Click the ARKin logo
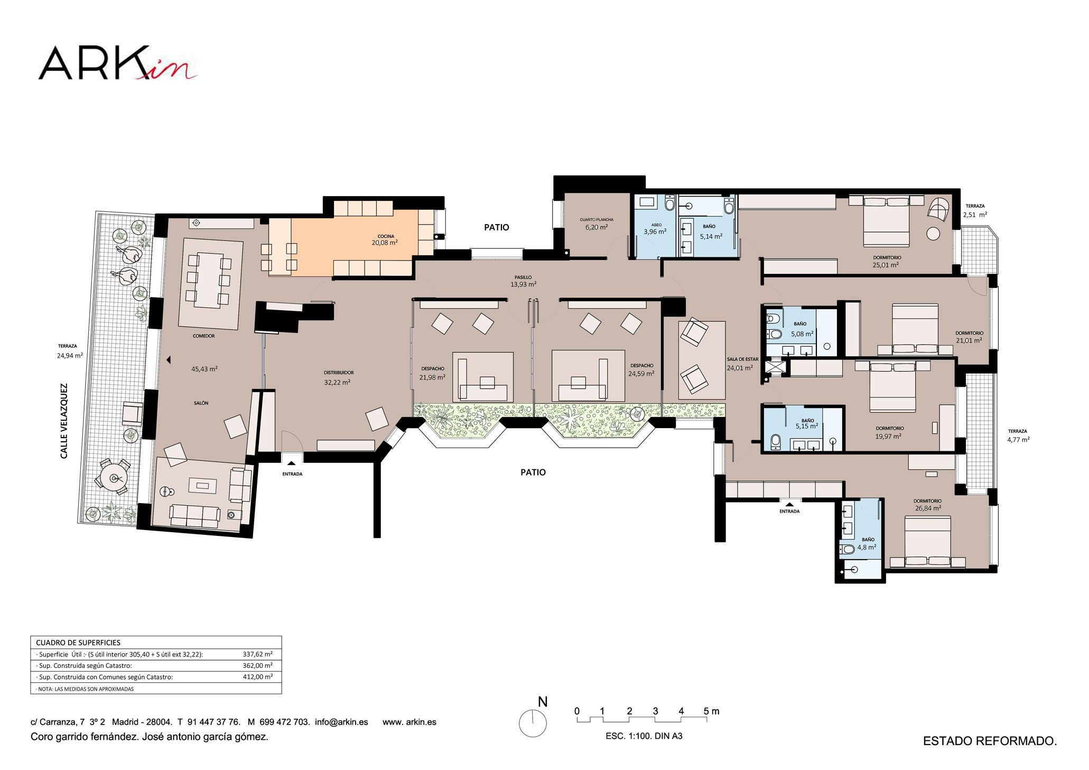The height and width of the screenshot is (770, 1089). click(x=118, y=63)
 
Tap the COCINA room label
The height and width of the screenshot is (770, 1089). click(x=386, y=236)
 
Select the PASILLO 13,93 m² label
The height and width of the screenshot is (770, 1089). click(x=523, y=281)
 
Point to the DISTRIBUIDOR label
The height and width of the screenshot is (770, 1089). click(x=339, y=373)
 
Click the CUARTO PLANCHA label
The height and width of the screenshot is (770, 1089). click(x=597, y=219)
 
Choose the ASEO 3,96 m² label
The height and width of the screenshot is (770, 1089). click(x=655, y=228)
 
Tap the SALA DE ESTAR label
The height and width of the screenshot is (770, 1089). click(x=742, y=359)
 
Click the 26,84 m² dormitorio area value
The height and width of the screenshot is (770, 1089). click(x=928, y=508)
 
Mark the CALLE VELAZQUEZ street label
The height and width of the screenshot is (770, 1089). click(x=64, y=421)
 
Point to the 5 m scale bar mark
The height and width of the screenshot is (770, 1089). click(x=711, y=711)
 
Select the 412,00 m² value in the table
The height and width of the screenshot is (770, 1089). click(x=258, y=676)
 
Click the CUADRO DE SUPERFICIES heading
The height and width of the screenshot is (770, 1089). click(x=78, y=643)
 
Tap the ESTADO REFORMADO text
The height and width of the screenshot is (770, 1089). click(x=990, y=741)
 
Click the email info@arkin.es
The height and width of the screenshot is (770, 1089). click(x=341, y=722)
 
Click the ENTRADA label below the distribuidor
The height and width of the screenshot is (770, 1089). click(x=292, y=474)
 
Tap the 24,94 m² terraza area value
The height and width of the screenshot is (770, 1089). click(x=70, y=356)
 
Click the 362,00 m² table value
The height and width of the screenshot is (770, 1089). click(x=258, y=665)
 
